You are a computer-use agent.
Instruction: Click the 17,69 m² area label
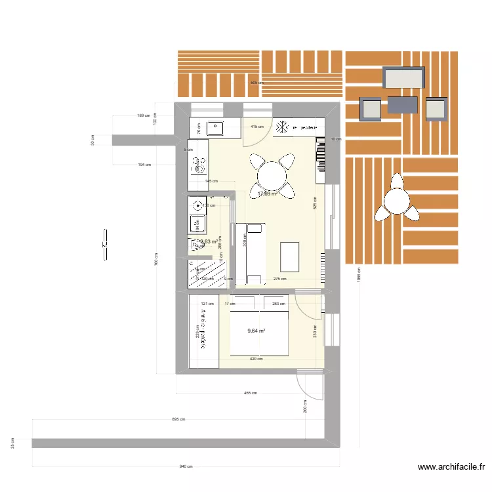pyautogui.click(x=267, y=194)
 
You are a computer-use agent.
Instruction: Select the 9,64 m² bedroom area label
pyautogui.click(x=256, y=331)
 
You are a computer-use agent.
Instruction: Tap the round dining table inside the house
pyautogui.click(x=272, y=175)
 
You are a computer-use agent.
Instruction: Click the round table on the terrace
pyautogui.click(x=398, y=199)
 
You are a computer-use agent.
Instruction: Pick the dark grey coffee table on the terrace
pyautogui.click(x=402, y=105)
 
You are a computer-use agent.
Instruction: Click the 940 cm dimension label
pyautogui.click(x=186, y=466)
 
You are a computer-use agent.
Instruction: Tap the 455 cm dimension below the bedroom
pyautogui.click(x=250, y=394)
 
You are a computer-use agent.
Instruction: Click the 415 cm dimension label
pyautogui.click(x=256, y=127)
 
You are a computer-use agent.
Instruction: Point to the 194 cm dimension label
pyautogui.click(x=144, y=165)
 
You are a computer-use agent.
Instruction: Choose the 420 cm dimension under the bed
pyautogui.click(x=256, y=359)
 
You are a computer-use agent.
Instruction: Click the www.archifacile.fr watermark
pyautogui.click(x=451, y=467)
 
